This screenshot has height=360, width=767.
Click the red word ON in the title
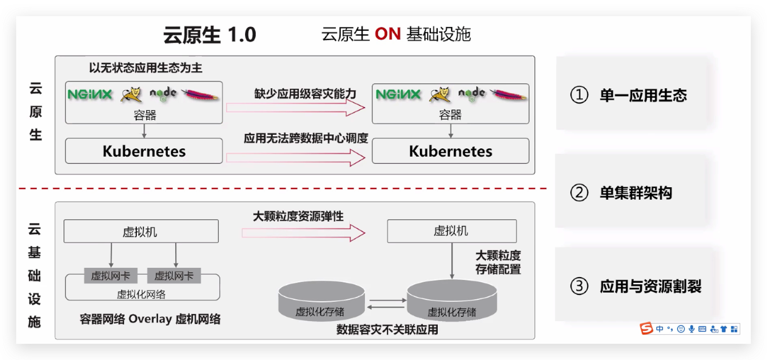pyautogui.click(x=388, y=34)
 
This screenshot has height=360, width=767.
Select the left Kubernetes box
pyautogui.click(x=144, y=151)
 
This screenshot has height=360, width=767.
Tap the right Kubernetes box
pyautogui.click(x=450, y=151)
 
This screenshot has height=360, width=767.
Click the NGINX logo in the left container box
pyautogui.click(x=90, y=94)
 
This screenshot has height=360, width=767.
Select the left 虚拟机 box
pyautogui.click(x=141, y=231)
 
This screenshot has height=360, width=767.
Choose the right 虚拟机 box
pyautogui.click(x=451, y=231)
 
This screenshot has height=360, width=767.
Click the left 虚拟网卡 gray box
pyautogui.click(x=110, y=276)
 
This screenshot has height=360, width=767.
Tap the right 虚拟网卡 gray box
pyautogui.click(x=174, y=276)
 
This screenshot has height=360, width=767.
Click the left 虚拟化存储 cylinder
pyautogui.click(x=321, y=302)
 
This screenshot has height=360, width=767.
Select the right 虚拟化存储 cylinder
pyautogui.click(x=451, y=302)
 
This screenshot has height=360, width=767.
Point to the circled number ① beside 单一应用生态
pyautogui.click(x=579, y=95)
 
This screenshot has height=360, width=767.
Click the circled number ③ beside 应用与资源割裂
pyautogui.click(x=579, y=286)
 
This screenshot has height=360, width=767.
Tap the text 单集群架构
pyautogui.click(x=636, y=193)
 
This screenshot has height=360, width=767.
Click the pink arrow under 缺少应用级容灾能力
pyautogui.click(x=295, y=108)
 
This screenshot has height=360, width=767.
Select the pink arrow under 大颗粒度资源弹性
pyautogui.click(x=303, y=233)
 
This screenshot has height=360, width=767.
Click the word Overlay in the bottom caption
pyautogui.click(x=150, y=319)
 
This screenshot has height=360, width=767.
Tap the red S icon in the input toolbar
pyautogui.click(x=646, y=328)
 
